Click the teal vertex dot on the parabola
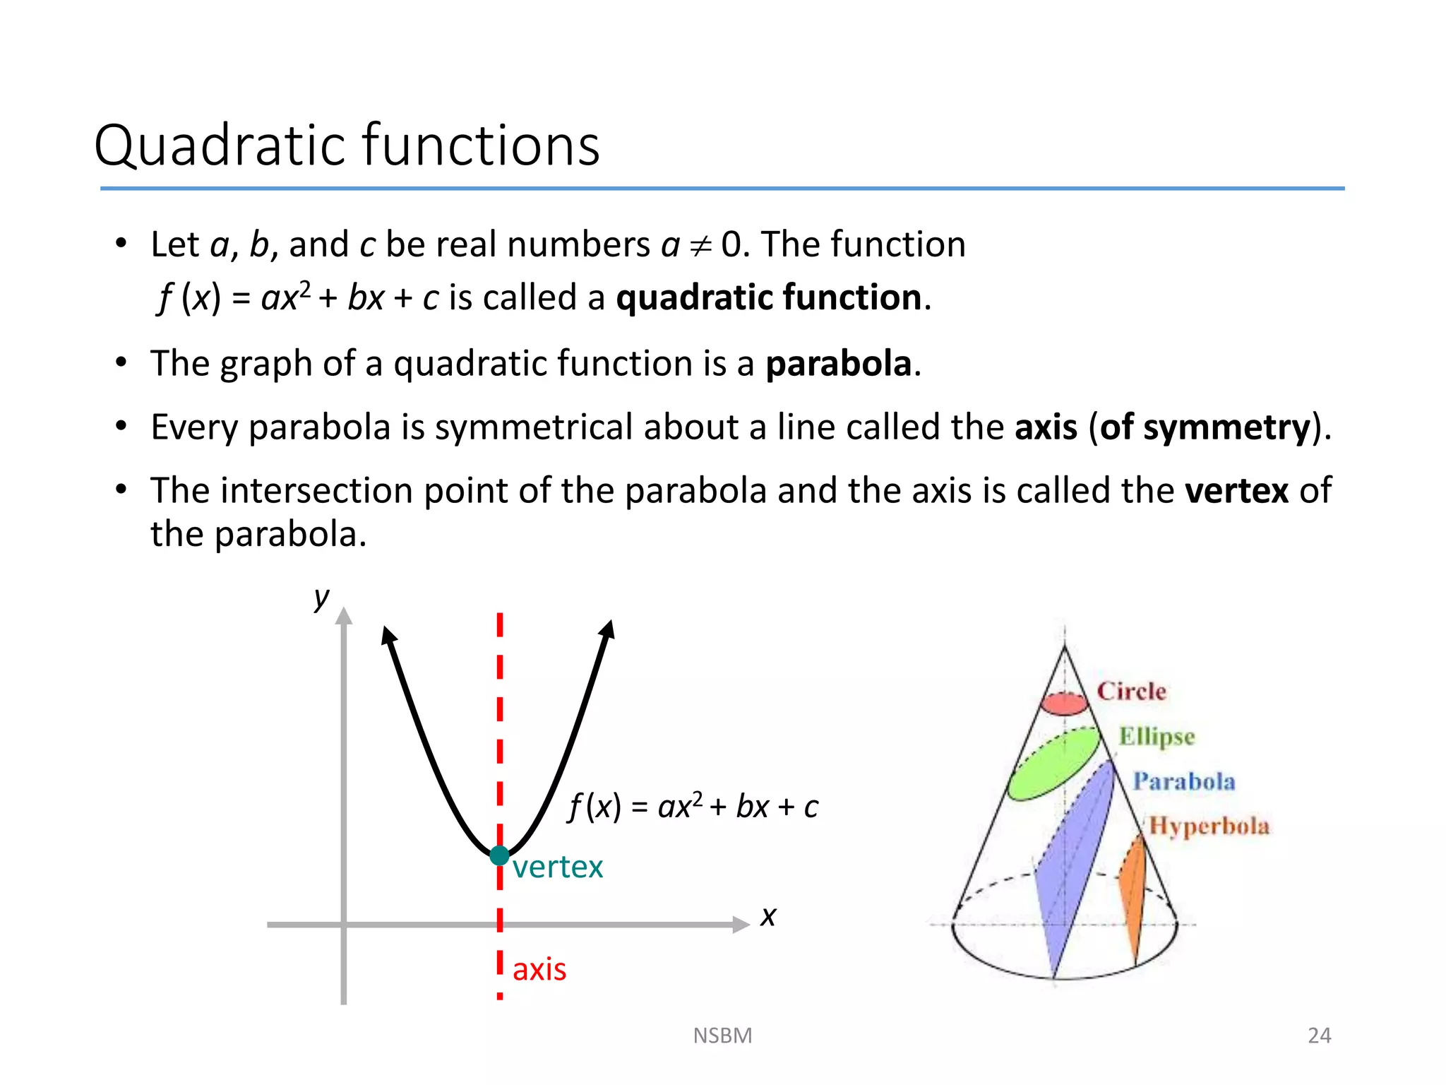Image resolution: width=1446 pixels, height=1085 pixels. tap(499, 855)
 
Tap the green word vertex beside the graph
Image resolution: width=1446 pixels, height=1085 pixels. tap(558, 867)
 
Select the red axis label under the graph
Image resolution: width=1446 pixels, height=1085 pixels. tap(539, 970)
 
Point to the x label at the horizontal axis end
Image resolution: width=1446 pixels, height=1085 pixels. tap(768, 917)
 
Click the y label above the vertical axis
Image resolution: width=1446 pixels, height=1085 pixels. tap(322, 598)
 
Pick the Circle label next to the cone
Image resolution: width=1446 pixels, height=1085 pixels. tap(1131, 691)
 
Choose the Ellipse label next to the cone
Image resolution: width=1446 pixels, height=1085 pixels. tap(1157, 736)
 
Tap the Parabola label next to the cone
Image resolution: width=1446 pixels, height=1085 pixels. tap(1184, 781)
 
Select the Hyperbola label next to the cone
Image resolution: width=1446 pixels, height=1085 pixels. tap(1209, 826)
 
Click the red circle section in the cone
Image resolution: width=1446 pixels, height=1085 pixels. tap(1065, 704)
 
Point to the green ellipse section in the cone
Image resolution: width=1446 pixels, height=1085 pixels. tap(1053, 764)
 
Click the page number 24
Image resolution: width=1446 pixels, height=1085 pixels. tap(1319, 1036)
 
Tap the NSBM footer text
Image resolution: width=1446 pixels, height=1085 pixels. tap(722, 1036)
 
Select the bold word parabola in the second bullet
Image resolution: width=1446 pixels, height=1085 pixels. tap(839, 364)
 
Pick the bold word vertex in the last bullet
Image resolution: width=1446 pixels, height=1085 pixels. tap(1237, 490)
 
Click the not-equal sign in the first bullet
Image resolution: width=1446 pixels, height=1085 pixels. tap(700, 246)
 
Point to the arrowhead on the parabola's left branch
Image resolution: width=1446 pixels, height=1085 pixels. tap(388, 635)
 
